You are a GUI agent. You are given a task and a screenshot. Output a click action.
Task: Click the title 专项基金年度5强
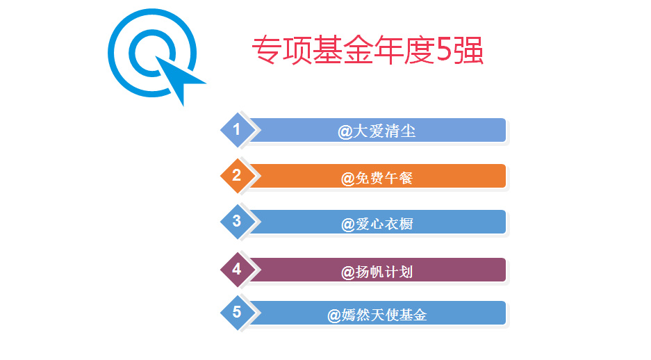click(x=368, y=50)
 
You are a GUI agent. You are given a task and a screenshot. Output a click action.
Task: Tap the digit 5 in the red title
click(x=444, y=50)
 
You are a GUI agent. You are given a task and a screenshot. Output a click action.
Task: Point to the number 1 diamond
click(x=237, y=130)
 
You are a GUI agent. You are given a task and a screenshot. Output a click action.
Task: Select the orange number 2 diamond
click(x=237, y=176)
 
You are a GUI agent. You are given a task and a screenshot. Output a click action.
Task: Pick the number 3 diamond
click(x=237, y=222)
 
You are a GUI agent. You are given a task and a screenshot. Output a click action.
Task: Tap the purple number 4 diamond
click(x=237, y=270)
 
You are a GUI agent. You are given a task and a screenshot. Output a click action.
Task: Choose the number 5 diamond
click(x=237, y=313)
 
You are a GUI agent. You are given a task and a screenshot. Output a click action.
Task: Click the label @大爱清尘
click(x=377, y=131)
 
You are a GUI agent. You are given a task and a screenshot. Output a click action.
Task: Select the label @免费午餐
click(x=377, y=178)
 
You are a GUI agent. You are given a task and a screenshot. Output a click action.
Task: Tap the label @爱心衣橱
click(x=377, y=224)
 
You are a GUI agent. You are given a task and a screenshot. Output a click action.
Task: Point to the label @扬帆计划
click(x=377, y=272)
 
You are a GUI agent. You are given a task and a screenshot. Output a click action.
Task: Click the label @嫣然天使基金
click(x=377, y=315)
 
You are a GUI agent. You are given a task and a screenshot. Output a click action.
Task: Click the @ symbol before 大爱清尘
click(x=345, y=133)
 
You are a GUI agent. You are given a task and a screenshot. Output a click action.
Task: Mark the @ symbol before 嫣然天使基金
click(x=334, y=316)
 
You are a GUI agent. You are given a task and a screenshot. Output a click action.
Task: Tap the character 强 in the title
click(x=468, y=50)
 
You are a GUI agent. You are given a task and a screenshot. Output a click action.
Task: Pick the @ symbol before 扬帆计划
click(x=348, y=273)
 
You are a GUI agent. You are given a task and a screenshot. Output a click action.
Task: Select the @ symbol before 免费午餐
click(x=348, y=179)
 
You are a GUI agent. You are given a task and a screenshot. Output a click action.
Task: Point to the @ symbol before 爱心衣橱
click(x=348, y=225)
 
